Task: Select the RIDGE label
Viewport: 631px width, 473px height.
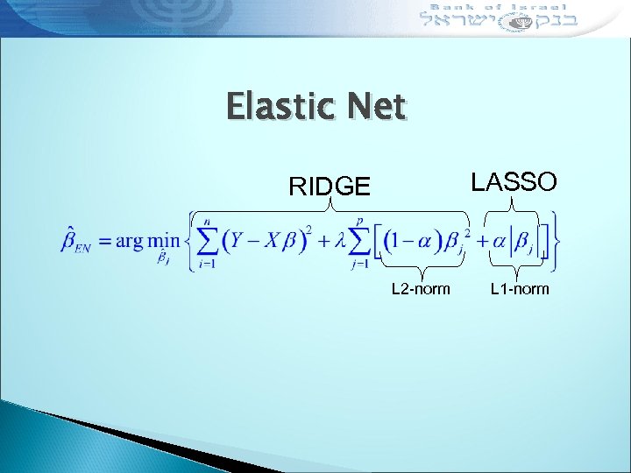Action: click(330, 186)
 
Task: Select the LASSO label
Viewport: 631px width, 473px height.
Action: click(514, 181)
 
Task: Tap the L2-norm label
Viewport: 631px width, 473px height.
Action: click(421, 288)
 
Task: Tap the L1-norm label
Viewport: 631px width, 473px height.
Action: click(520, 288)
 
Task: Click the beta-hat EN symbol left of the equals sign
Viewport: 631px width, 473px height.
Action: click(77, 241)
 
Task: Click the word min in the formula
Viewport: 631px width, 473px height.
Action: click(162, 240)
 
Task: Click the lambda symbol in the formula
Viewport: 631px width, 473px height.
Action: click(338, 241)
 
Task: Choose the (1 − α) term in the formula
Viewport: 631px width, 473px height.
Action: click(415, 240)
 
